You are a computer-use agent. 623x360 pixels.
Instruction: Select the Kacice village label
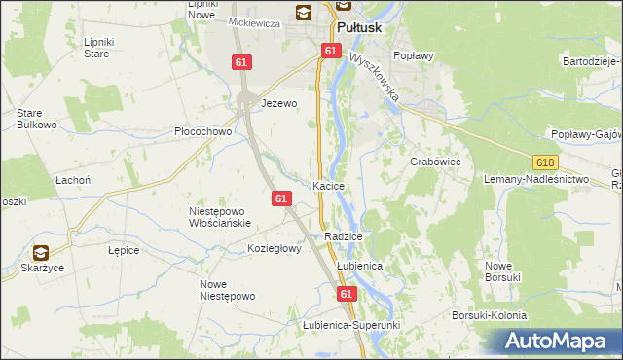[328, 185]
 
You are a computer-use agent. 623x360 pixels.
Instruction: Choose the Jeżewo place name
[278, 102]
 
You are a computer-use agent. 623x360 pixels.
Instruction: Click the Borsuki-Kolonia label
[489, 315]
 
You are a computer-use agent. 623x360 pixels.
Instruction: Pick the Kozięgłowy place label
[275, 248]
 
